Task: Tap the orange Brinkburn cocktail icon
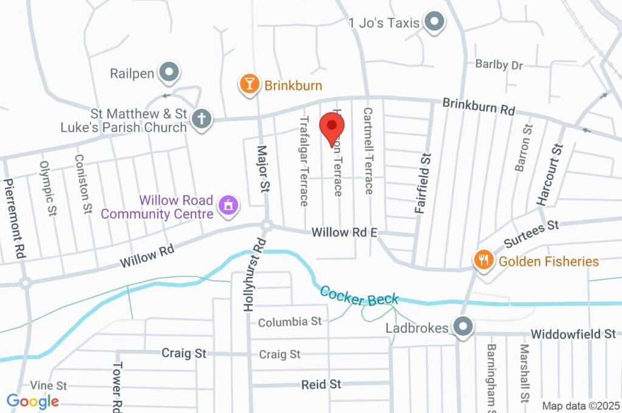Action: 248,84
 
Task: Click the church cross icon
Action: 201,119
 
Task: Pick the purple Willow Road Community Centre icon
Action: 228,205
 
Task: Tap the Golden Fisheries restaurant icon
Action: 483,261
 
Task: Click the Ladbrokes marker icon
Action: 463,327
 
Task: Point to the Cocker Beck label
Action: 359,296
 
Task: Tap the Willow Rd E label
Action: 344,232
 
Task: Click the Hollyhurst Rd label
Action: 255,276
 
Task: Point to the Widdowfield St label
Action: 573,335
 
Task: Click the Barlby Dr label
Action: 499,64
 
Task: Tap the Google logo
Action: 33,401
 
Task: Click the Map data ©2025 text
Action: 581,406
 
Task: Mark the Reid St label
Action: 321,384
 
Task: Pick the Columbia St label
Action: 290,322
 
